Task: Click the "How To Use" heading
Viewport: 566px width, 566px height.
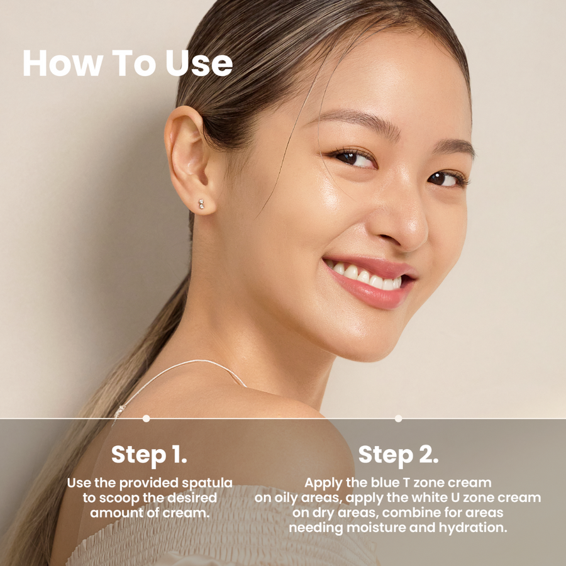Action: (x=128, y=63)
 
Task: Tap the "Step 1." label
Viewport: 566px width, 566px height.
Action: (x=149, y=455)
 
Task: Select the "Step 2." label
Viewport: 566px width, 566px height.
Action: (x=398, y=455)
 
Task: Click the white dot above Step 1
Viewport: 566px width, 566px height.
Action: (x=146, y=418)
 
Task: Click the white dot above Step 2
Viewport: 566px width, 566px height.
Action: (x=398, y=418)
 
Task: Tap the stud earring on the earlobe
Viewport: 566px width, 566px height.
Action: (x=201, y=204)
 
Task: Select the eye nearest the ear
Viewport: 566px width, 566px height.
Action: (x=353, y=158)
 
